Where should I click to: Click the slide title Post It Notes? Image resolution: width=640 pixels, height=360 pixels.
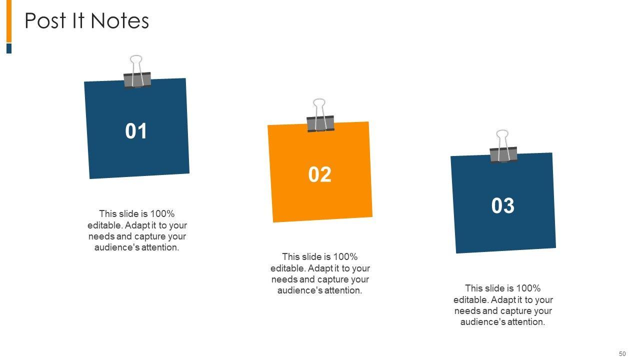pyautogui.click(x=87, y=20)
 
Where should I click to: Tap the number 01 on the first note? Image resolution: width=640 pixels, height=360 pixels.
pyautogui.click(x=136, y=131)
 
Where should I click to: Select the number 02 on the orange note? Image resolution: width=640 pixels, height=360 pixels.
pyautogui.click(x=319, y=174)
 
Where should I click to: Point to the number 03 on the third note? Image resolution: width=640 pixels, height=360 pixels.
pyautogui.click(x=503, y=205)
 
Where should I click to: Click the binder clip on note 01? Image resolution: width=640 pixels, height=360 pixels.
pyautogui.click(x=137, y=72)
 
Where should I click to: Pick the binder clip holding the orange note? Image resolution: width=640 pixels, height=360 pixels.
pyautogui.click(x=320, y=115)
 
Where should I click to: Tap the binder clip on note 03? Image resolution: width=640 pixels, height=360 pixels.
pyautogui.click(x=503, y=146)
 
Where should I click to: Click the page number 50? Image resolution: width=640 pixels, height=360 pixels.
pyautogui.click(x=622, y=353)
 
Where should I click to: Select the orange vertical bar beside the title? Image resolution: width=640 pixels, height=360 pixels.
pyautogui.click(x=9, y=21)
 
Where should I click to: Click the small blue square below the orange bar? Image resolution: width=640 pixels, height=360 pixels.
pyautogui.click(x=9, y=48)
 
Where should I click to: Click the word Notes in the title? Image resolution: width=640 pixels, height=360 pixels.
pyautogui.click(x=119, y=20)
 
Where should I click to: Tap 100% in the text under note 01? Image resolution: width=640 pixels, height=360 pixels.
pyautogui.click(x=162, y=213)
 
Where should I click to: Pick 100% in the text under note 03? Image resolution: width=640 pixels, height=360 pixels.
pyautogui.click(x=528, y=288)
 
